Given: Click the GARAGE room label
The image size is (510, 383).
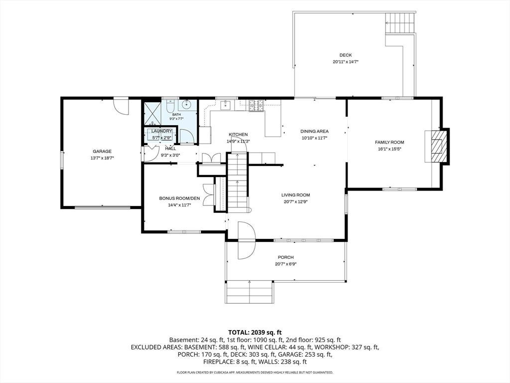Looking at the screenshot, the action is point(102,151).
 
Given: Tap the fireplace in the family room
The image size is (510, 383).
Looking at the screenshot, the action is point(436,146).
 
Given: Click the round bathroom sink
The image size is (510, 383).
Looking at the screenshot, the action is point(187,105).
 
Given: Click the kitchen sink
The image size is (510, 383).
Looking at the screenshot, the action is point(226,105).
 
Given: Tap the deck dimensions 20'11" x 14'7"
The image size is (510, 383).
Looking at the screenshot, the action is point(346,61).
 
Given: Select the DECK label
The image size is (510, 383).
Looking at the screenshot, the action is point(346,55).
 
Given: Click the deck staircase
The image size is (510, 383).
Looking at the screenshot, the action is point(400,23).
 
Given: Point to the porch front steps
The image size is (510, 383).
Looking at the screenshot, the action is point(249,292).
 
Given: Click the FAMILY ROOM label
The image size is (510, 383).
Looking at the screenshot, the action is point(389,142).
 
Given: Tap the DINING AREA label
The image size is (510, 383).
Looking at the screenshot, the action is point(315,131).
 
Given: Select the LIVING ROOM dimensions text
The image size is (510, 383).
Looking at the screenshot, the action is point(296,201).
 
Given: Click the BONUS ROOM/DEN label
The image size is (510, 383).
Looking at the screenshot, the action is point(179,198).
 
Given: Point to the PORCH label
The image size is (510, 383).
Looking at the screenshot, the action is point(286,257).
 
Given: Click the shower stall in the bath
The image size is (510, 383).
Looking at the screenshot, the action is point(152,114).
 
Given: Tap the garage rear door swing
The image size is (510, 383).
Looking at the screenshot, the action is point(121,106).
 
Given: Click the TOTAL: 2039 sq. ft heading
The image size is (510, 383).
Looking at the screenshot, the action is point(255,333).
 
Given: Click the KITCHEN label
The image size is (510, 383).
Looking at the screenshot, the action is point(238,135).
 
